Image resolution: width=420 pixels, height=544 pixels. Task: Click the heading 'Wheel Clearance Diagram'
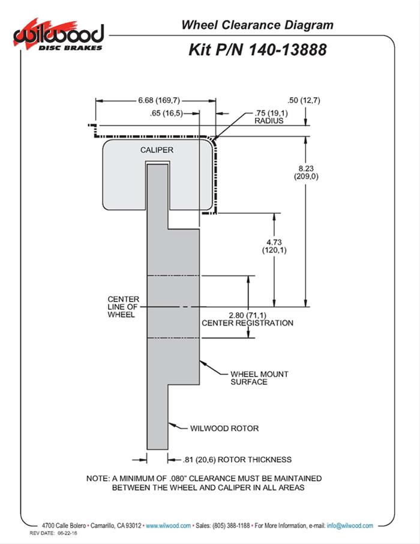pos(257,25)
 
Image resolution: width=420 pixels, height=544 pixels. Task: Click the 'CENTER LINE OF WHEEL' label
pos(124,307)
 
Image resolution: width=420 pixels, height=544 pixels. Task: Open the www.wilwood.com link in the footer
pos(169,525)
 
